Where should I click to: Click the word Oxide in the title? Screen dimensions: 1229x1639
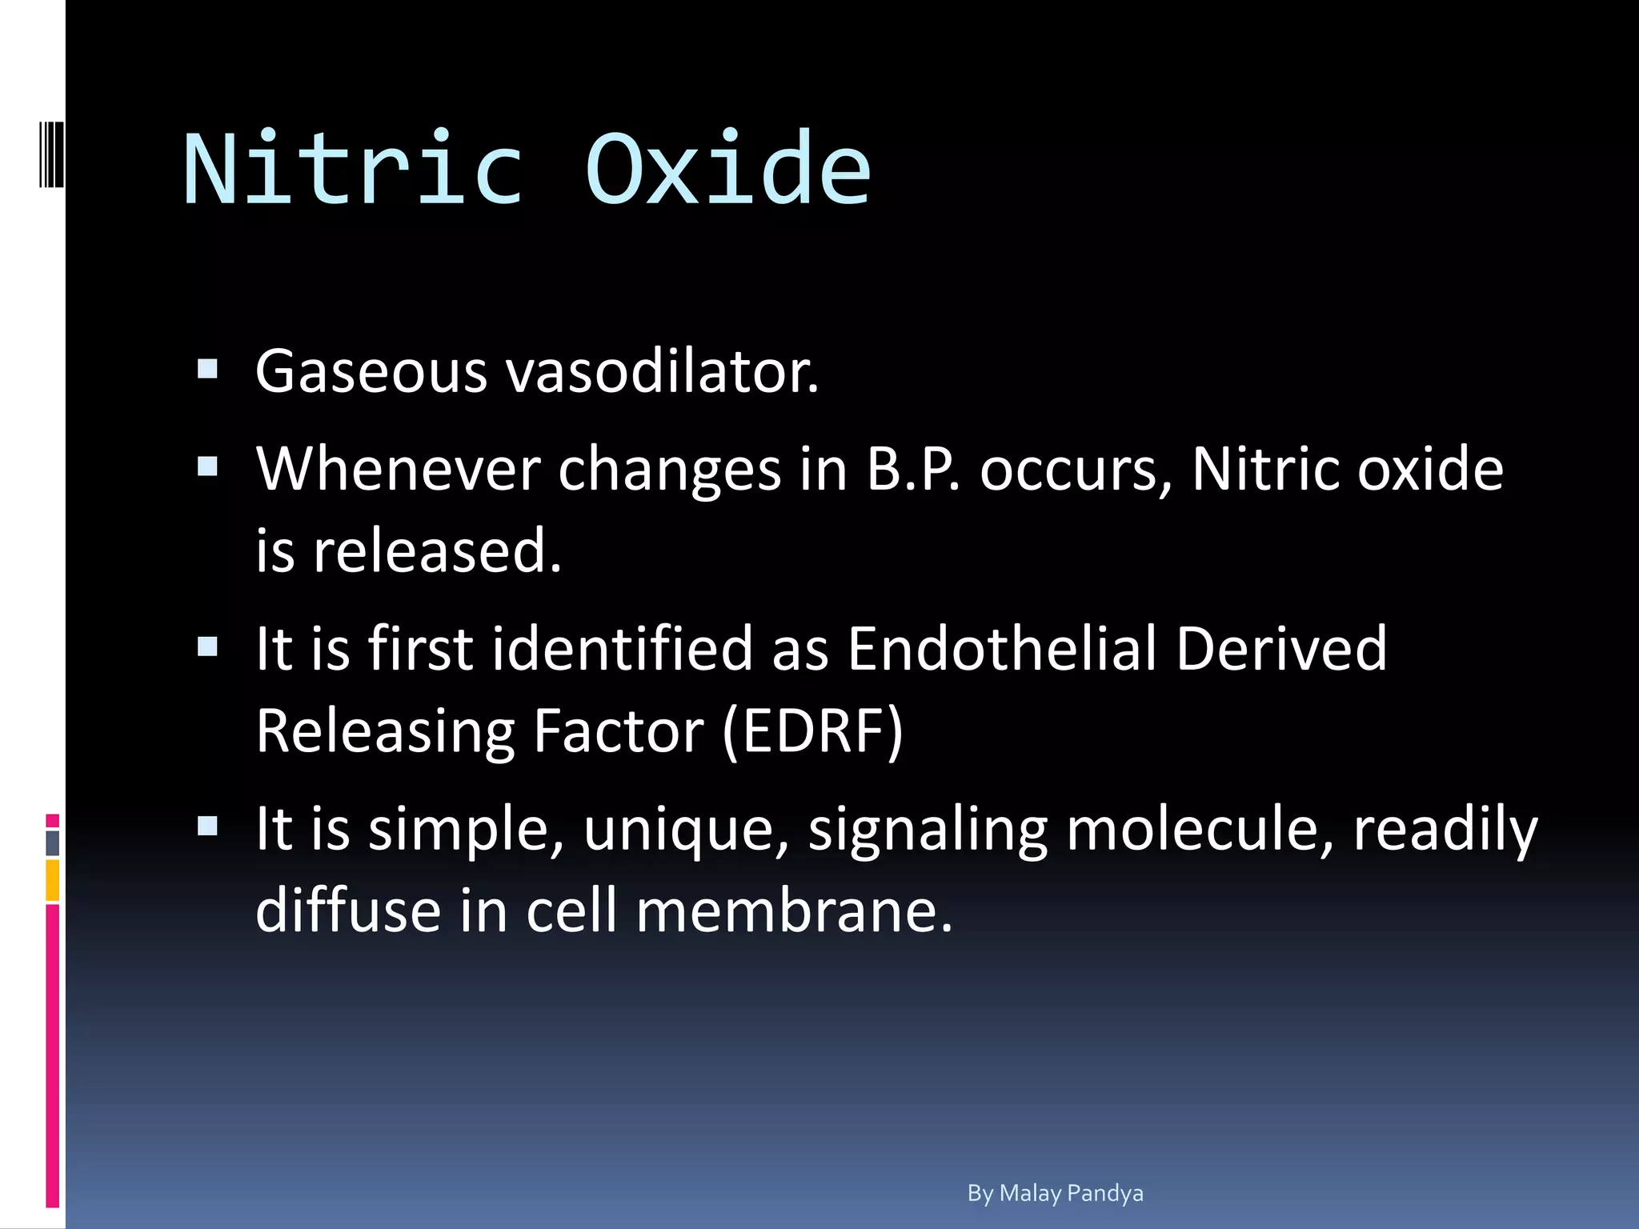[x=727, y=170]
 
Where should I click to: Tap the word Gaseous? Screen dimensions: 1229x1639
[x=371, y=372]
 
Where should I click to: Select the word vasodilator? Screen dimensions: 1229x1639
[x=663, y=372]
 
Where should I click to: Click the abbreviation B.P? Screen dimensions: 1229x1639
[x=913, y=470]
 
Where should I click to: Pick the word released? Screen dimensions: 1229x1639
[x=437, y=551]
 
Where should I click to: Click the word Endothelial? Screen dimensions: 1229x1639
[x=1002, y=648]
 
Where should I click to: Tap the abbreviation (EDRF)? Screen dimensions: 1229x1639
[x=812, y=731]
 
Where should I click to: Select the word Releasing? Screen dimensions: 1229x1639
[x=385, y=731]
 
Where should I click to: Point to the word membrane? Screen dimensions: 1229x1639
[x=793, y=911]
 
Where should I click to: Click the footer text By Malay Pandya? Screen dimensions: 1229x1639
[x=1055, y=1193]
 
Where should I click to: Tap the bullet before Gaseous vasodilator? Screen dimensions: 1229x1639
[x=207, y=369]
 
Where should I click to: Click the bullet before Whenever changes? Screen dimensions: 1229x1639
[x=207, y=466]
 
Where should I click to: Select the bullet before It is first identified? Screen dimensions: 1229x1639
[x=207, y=646]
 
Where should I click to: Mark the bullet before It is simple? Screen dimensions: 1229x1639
[x=207, y=826]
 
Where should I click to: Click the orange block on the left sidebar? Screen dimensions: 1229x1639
[x=52, y=880]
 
